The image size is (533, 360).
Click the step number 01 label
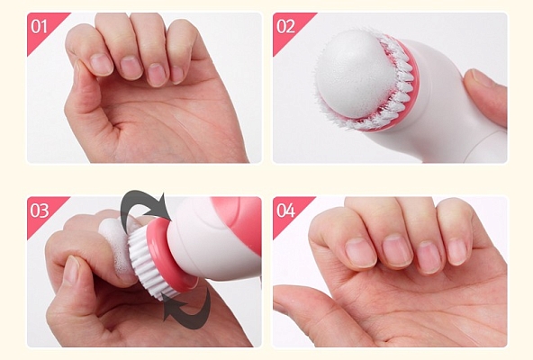point(40,26)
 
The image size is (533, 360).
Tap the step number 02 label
point(285,26)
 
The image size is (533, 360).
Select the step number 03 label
point(40,211)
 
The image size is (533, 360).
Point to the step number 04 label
point(285,211)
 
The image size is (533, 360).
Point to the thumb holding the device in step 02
point(486,94)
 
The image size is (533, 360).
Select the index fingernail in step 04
point(360,252)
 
